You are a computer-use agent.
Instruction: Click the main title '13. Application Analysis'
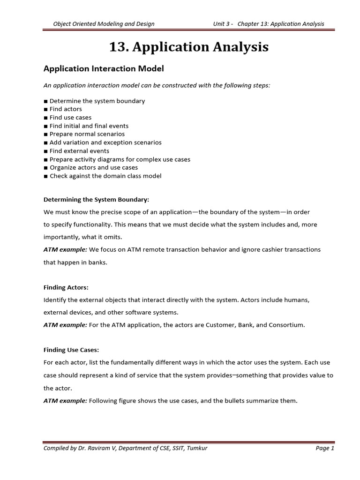pyautogui.click(x=188, y=47)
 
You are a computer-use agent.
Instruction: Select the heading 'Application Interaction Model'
pyautogui.click(x=104, y=68)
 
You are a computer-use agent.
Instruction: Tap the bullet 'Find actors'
pyautogui.click(x=66, y=109)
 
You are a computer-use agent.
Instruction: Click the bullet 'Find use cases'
pyautogui.click(x=70, y=118)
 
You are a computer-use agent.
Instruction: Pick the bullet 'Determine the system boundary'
pyautogui.click(x=97, y=101)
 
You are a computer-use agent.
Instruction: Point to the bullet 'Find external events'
pyautogui.click(x=79, y=151)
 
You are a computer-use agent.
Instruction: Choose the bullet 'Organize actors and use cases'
pyautogui.click(x=93, y=168)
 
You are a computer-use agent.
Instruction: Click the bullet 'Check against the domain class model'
pyautogui.click(x=105, y=176)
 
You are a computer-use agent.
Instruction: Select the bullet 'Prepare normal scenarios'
pyautogui.click(x=87, y=134)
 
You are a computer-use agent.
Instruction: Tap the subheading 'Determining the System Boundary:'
pyautogui.click(x=96, y=200)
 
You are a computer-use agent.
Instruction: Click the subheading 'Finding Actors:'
pyautogui.click(x=66, y=287)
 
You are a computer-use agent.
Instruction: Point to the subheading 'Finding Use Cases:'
pyautogui.click(x=71, y=350)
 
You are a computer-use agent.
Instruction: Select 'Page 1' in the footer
pyautogui.click(x=325, y=449)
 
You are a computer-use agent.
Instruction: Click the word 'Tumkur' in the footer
pyautogui.click(x=197, y=449)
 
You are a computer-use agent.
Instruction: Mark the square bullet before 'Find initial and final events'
pyautogui.click(x=46, y=126)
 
